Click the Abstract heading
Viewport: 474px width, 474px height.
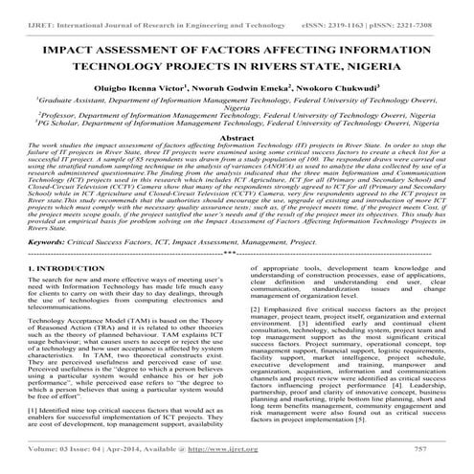(x=236, y=138)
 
